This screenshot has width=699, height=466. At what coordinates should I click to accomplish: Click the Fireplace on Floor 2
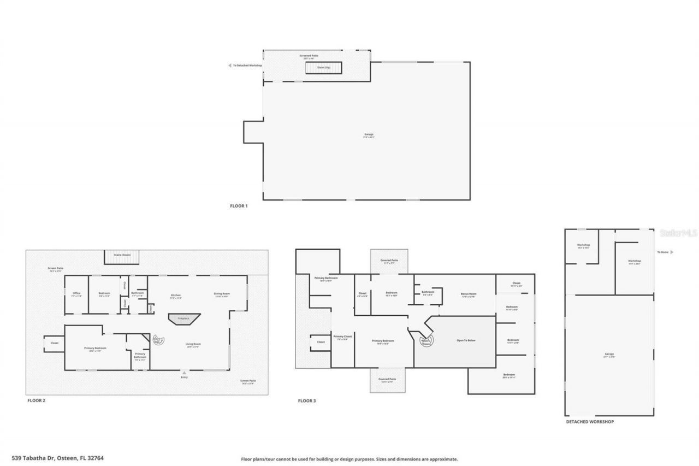[185, 318]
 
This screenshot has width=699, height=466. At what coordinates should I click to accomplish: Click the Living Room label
[192, 345]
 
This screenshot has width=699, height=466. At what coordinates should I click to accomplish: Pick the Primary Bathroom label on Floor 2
[140, 356]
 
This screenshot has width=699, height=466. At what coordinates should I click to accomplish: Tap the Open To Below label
[466, 340]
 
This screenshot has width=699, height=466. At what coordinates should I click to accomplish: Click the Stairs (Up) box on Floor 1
[323, 68]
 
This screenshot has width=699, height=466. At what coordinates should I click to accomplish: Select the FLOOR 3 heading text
[307, 401]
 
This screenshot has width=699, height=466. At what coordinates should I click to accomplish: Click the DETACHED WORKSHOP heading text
[589, 422]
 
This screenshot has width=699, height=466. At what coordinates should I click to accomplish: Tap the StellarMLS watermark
[678, 233]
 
